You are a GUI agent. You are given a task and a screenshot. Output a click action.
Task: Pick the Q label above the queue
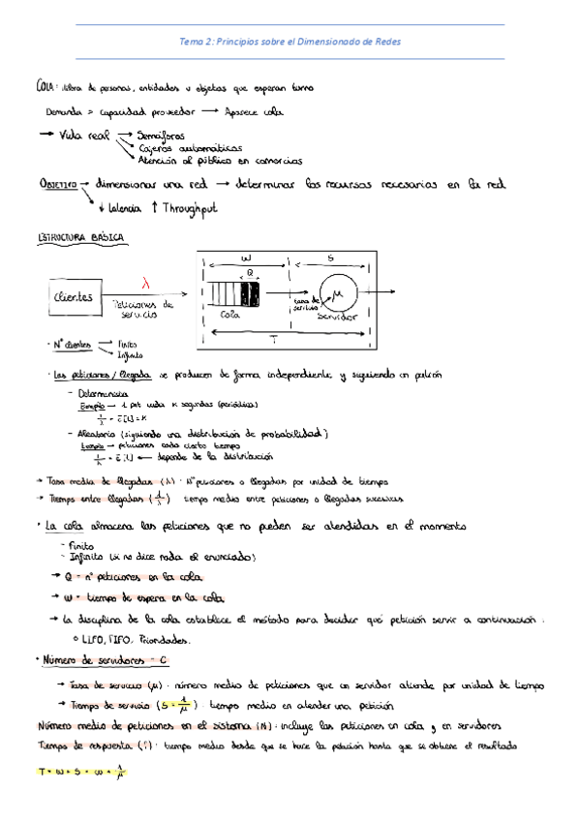(251, 273)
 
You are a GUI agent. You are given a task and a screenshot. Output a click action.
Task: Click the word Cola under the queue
(229, 314)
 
